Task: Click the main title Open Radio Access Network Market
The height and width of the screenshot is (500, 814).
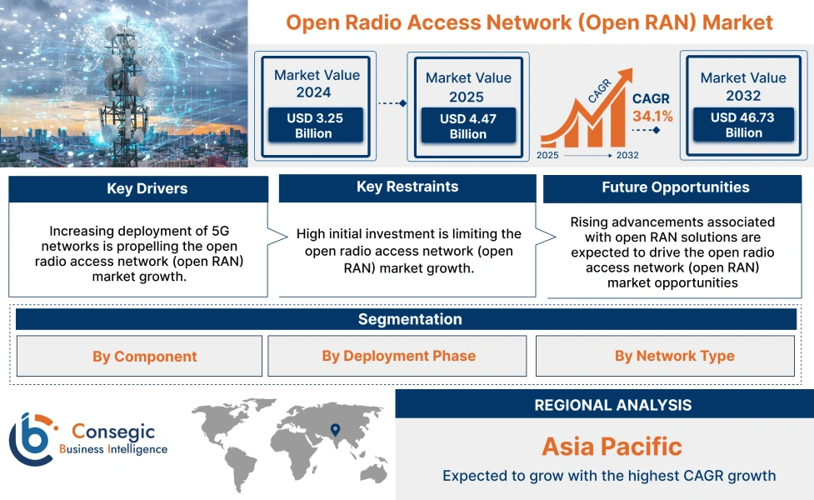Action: point(529,22)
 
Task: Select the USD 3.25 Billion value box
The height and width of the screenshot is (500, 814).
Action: point(314,126)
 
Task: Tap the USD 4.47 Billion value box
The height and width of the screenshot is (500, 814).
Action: point(467,126)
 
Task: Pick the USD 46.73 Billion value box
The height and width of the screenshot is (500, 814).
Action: point(742,125)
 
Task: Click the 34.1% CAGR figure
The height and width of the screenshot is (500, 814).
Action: point(652,115)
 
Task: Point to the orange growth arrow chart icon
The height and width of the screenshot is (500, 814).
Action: point(583,117)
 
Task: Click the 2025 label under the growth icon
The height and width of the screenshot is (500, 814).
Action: point(548,155)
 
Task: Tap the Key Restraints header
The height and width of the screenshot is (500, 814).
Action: point(407,187)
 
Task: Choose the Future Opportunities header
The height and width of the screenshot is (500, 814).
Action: point(675,187)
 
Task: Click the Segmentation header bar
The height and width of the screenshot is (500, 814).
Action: point(409,319)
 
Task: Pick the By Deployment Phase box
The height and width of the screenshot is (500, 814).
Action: point(398,357)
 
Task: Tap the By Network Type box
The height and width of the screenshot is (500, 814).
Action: point(674,357)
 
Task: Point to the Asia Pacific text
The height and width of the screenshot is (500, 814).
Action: point(612,446)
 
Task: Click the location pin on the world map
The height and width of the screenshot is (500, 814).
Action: point(335,430)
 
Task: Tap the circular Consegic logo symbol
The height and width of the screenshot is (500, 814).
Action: point(31,438)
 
